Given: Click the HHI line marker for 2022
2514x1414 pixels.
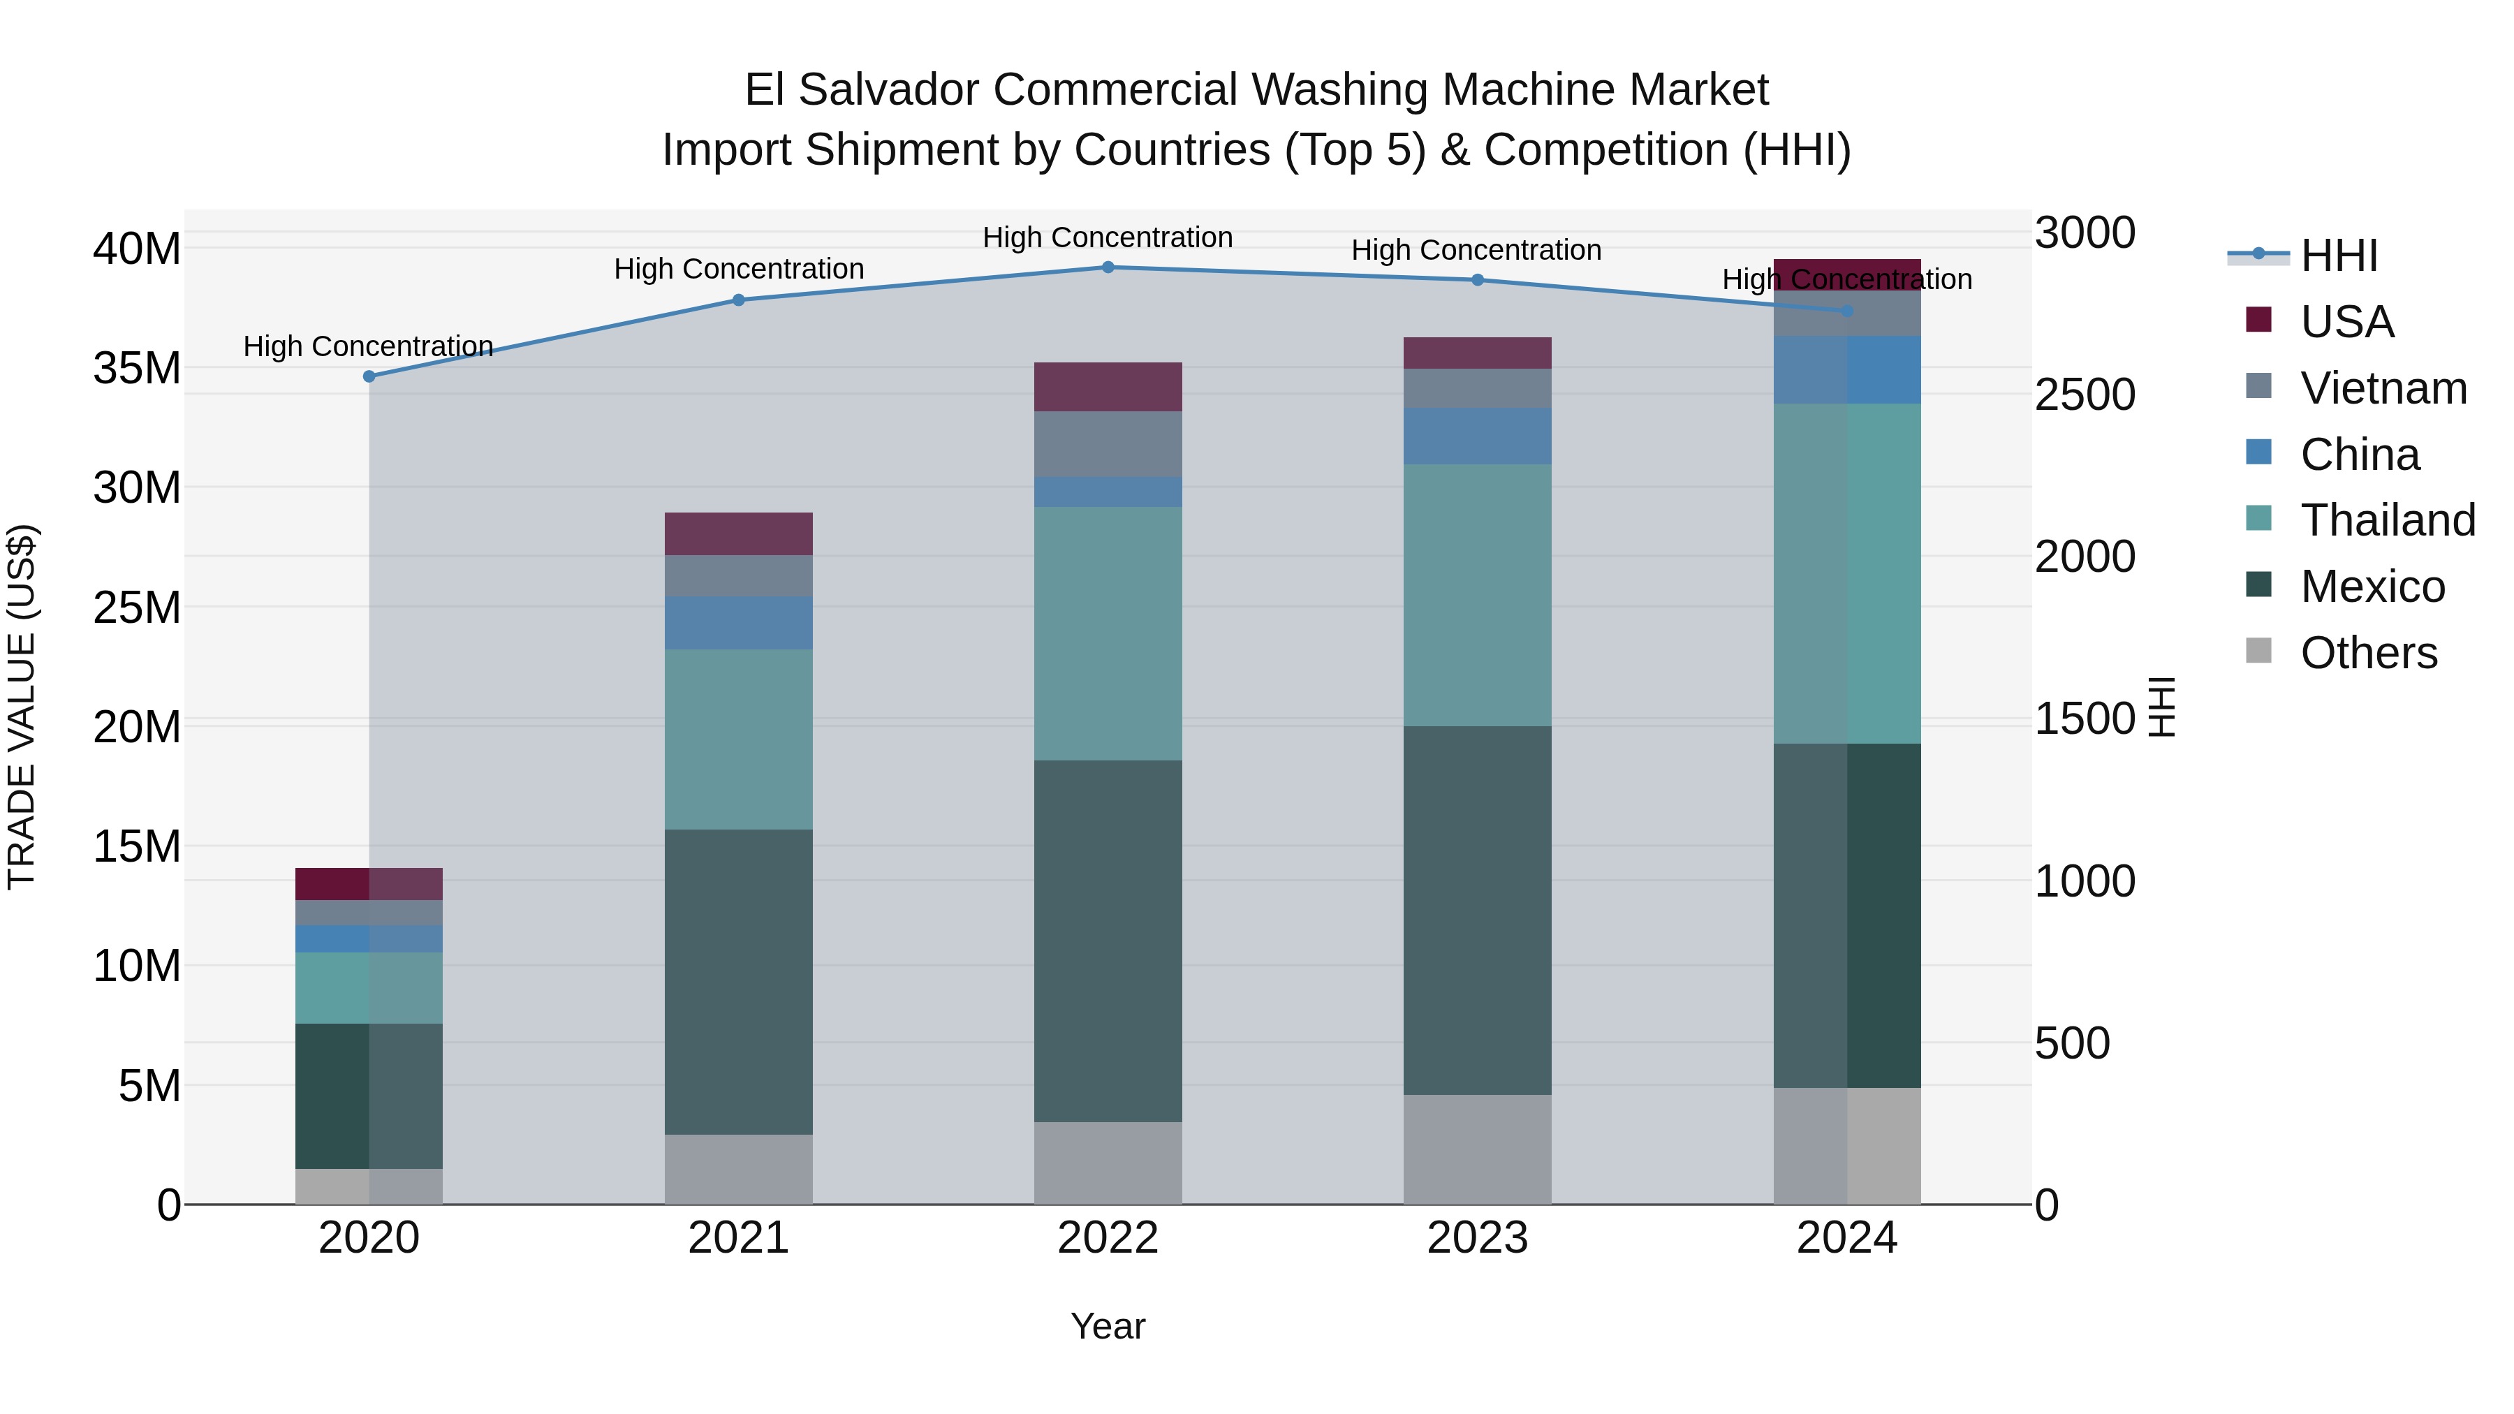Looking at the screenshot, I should (1108, 267).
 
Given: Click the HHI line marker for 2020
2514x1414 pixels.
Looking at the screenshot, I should (369, 376).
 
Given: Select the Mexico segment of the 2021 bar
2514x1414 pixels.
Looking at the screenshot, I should (739, 981).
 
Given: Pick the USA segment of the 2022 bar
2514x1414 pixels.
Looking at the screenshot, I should (1108, 386).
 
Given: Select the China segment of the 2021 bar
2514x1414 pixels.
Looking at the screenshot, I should (739, 623).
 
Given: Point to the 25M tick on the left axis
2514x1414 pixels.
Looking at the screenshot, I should (137, 607).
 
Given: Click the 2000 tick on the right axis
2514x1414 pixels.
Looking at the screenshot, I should (2085, 557).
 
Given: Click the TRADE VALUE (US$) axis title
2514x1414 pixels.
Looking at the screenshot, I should (22, 707).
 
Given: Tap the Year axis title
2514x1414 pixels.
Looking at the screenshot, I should (1108, 1326).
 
